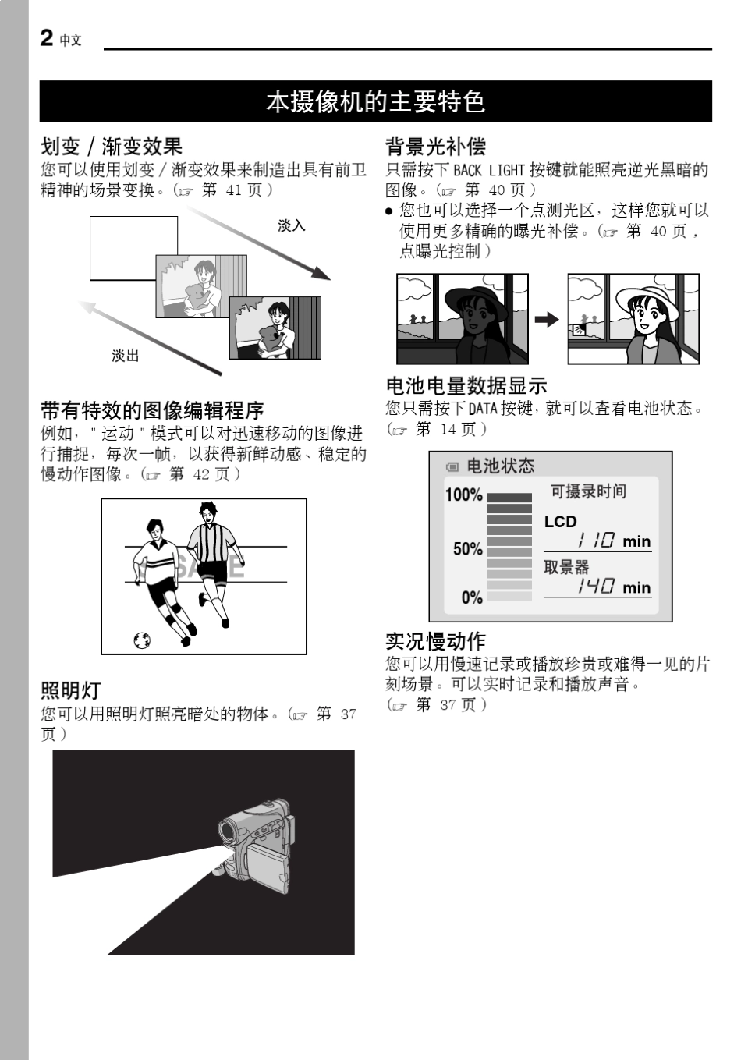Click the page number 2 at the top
tap(47, 37)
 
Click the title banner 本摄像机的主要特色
tap(375, 101)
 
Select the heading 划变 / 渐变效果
tap(112, 147)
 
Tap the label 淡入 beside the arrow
tap(291, 225)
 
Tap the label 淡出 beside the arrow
tap(125, 356)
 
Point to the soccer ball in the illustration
tap(142, 640)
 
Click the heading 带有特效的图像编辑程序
tap(152, 410)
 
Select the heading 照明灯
tap(70, 690)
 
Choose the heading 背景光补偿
tap(435, 147)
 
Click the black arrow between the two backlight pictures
tap(547, 319)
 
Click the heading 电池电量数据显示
tap(466, 385)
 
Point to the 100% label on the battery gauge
tap(463, 495)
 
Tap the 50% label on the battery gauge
tap(467, 549)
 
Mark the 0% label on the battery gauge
tap(472, 597)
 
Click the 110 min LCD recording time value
tap(613, 541)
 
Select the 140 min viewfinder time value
tap(613, 587)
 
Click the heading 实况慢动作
tap(435, 641)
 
